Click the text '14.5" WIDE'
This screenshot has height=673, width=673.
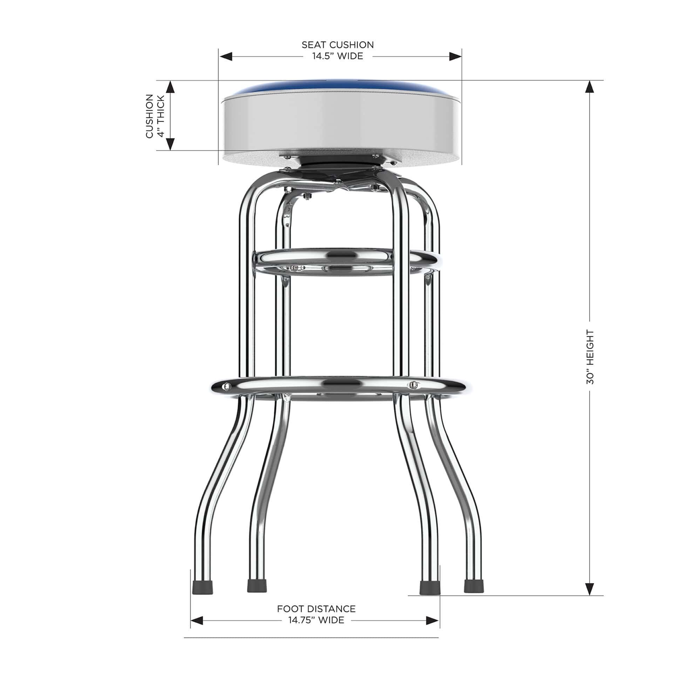point(338,56)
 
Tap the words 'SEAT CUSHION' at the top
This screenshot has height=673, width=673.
point(338,45)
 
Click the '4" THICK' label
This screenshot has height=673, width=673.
point(161,116)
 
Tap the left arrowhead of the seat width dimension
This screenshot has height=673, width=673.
point(225,56)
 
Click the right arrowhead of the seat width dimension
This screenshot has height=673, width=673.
point(455,56)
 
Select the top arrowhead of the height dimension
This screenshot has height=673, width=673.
point(590,87)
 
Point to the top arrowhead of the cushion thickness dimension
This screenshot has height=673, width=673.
point(170,87)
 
